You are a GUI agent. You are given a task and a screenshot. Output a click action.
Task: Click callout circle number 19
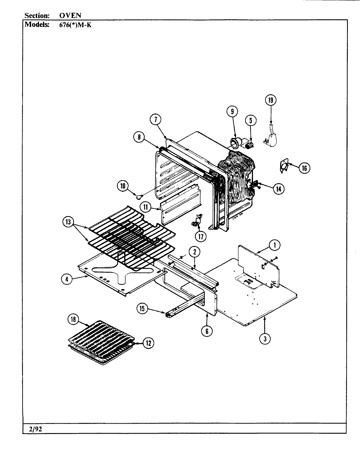coord(270,100)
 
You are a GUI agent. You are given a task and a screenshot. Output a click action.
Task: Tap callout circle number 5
coord(251,120)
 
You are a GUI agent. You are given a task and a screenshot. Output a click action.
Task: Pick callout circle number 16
coord(304,168)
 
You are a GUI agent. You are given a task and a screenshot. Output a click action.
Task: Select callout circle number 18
coord(73,319)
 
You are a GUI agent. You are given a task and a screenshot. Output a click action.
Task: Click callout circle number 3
coord(265,339)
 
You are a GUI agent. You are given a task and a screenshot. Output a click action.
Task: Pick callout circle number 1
coord(275,244)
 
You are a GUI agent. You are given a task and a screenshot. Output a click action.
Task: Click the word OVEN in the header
coord(70,15)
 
